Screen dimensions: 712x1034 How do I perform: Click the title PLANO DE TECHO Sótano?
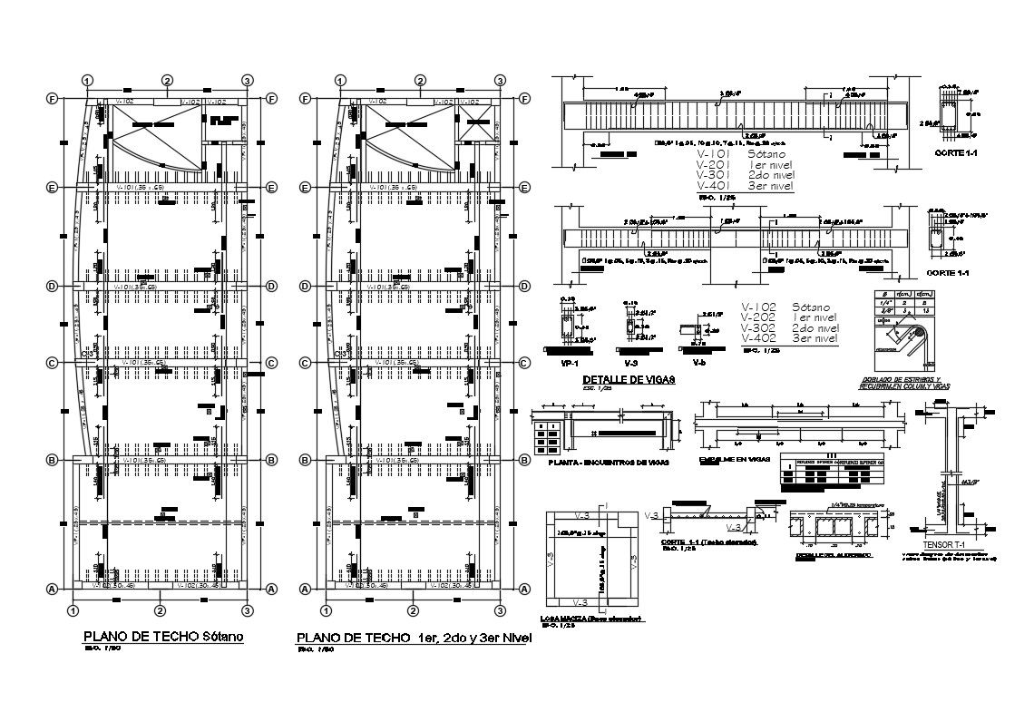click(163, 636)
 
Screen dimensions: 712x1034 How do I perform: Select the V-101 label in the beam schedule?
click(715, 154)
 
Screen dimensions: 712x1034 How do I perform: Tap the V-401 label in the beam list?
click(715, 185)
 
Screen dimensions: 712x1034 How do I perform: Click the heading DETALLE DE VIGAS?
click(629, 380)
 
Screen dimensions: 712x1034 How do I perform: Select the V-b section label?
click(698, 361)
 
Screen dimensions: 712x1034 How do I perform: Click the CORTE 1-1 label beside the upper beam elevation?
click(954, 154)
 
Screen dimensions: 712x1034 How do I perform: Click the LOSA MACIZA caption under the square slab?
click(590, 619)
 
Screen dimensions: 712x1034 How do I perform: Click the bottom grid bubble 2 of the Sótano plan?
click(161, 610)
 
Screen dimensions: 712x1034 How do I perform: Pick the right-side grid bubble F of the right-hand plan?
click(525, 100)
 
